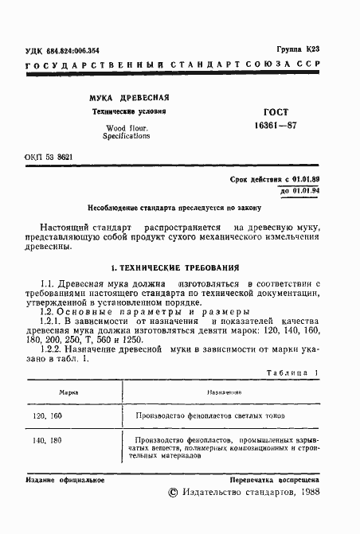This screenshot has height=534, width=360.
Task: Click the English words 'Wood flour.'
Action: (x=126, y=128)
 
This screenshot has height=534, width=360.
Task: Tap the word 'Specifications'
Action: (x=126, y=136)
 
